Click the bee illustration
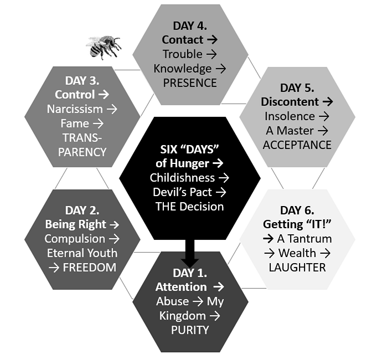click(x=104, y=48)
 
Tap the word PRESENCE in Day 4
click(x=190, y=83)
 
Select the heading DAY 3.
click(x=82, y=81)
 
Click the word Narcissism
click(x=75, y=109)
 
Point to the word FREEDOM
click(x=90, y=268)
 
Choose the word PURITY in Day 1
click(x=190, y=330)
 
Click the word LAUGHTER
click(x=297, y=268)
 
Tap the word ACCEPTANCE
click(x=297, y=145)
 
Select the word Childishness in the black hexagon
click(x=182, y=178)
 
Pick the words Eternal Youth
click(x=82, y=253)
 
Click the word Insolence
click(x=290, y=116)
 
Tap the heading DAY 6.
click(x=297, y=210)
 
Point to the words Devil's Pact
click(x=182, y=192)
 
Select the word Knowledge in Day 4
click(x=183, y=69)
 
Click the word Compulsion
click(x=75, y=239)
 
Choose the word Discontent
click(x=290, y=102)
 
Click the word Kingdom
click(x=183, y=316)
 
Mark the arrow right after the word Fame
click(x=98, y=124)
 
